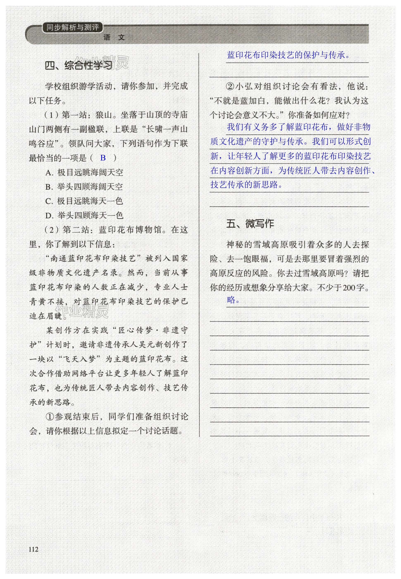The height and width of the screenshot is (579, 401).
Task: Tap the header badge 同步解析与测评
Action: pos(73,27)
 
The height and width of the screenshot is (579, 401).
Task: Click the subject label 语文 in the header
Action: pos(114,38)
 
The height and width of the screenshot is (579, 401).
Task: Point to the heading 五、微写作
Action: pos(250,224)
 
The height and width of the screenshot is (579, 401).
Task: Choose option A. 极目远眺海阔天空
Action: pos(84,172)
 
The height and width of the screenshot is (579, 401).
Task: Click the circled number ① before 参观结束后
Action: pos(50,417)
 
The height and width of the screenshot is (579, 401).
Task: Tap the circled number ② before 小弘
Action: pos(230,87)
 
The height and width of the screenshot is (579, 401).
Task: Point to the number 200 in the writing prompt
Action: pos(350,288)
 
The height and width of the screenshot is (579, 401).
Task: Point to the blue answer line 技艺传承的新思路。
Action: pos(246,185)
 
